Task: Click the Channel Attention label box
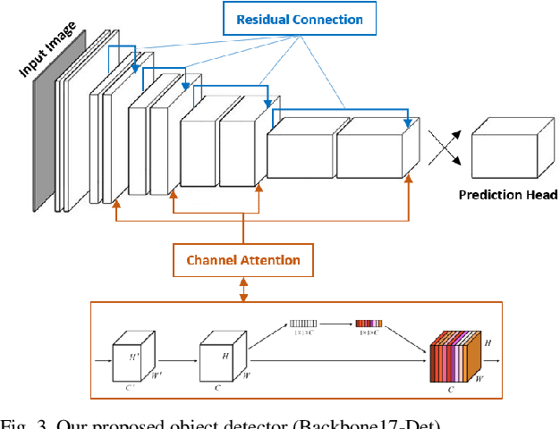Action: coord(242,261)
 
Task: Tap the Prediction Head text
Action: coord(508,195)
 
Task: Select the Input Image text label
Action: coord(47,52)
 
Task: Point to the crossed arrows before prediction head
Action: coord(445,147)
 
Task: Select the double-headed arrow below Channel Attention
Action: coord(242,289)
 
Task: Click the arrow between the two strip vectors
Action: coord(337,324)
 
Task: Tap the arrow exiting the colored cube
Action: coord(491,360)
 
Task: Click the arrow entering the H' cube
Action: coord(102,361)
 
